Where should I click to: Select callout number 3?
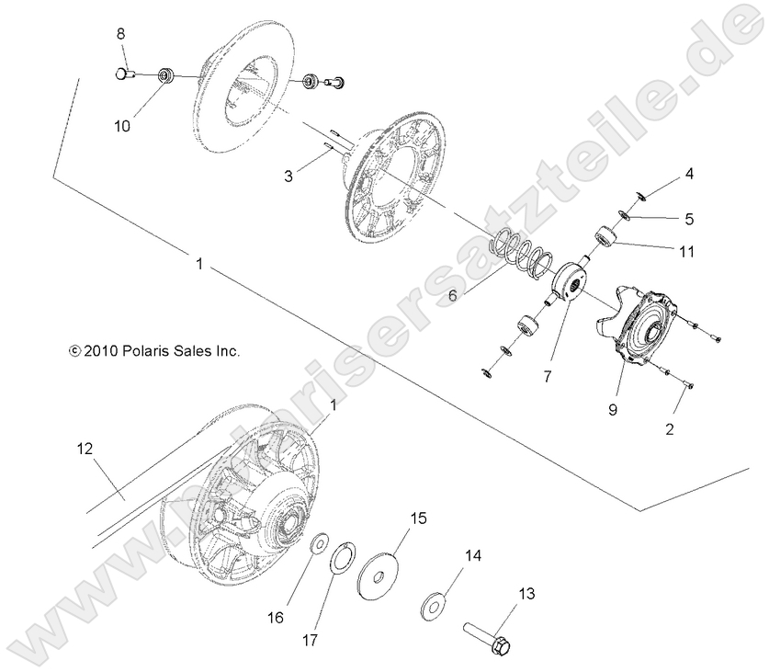288,174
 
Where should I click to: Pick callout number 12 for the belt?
85,448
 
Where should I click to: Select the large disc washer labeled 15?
378,571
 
